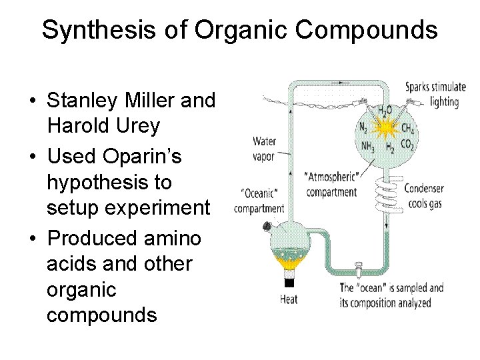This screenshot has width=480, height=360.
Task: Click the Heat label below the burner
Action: pos(289,299)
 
